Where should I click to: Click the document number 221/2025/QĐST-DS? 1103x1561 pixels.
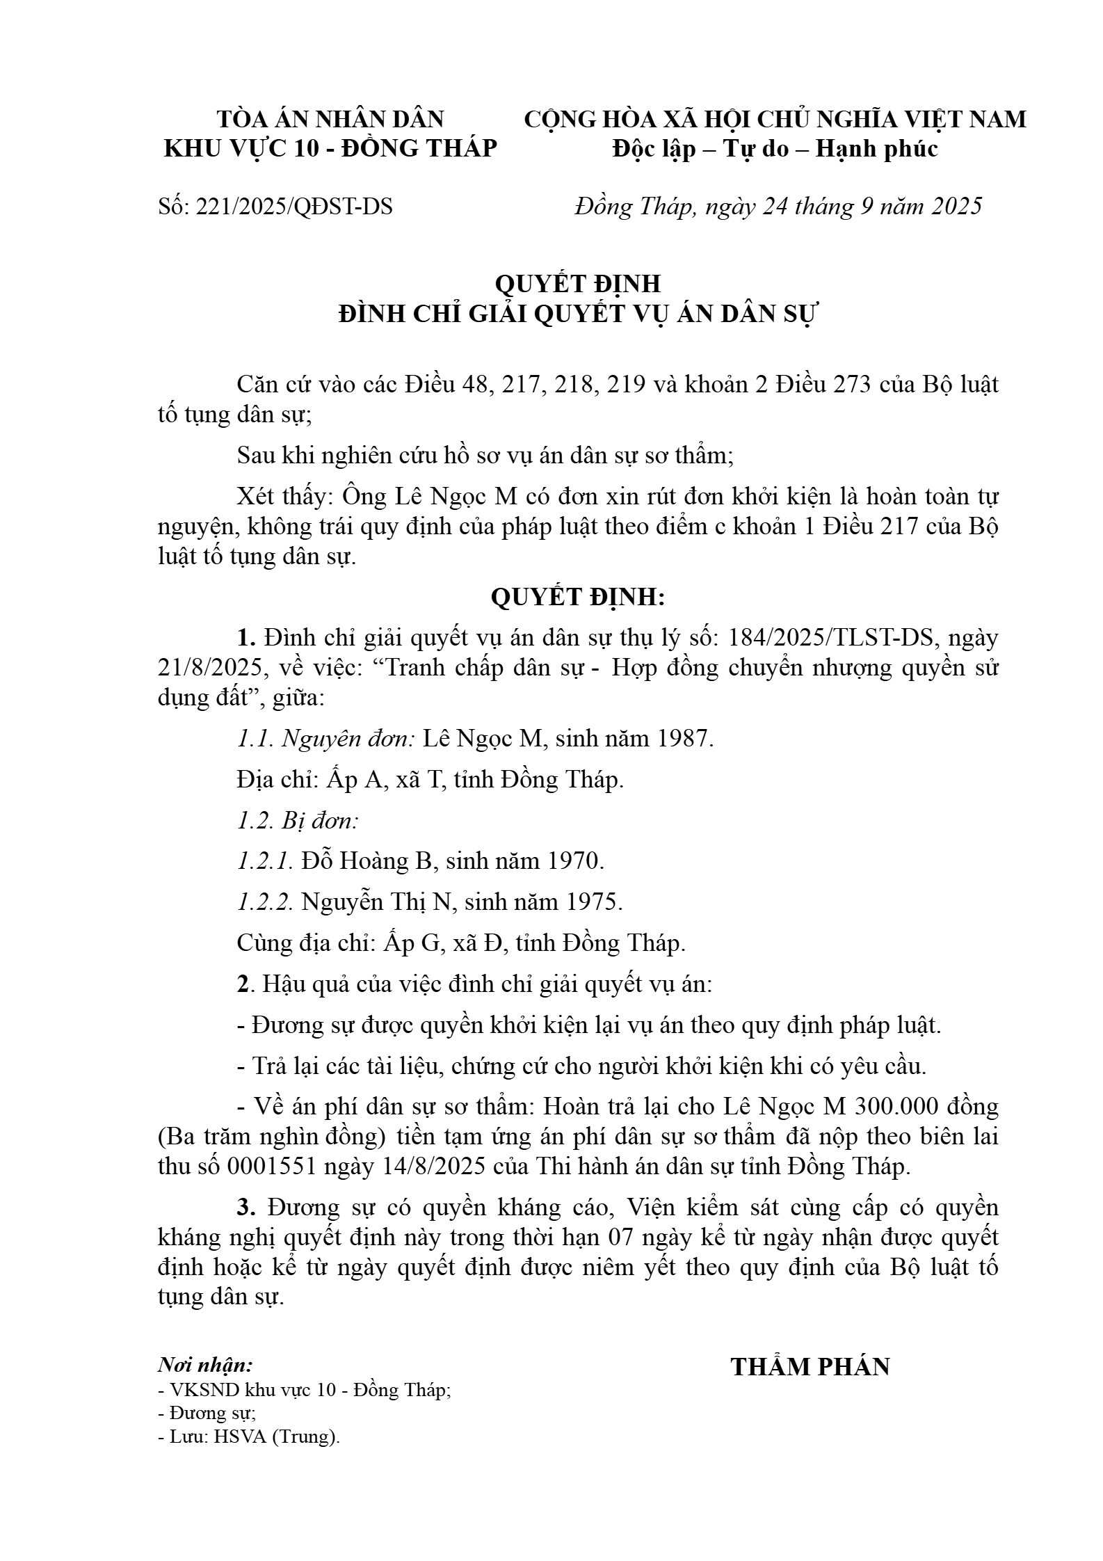point(295,207)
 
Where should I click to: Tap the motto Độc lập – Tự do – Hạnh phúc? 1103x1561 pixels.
point(775,149)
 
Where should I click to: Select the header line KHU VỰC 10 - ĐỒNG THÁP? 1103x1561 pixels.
point(330,149)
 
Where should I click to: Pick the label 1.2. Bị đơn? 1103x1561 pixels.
point(298,821)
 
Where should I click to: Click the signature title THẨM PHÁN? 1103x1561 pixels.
point(810,1367)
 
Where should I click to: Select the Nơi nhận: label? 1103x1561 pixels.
point(206,1364)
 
